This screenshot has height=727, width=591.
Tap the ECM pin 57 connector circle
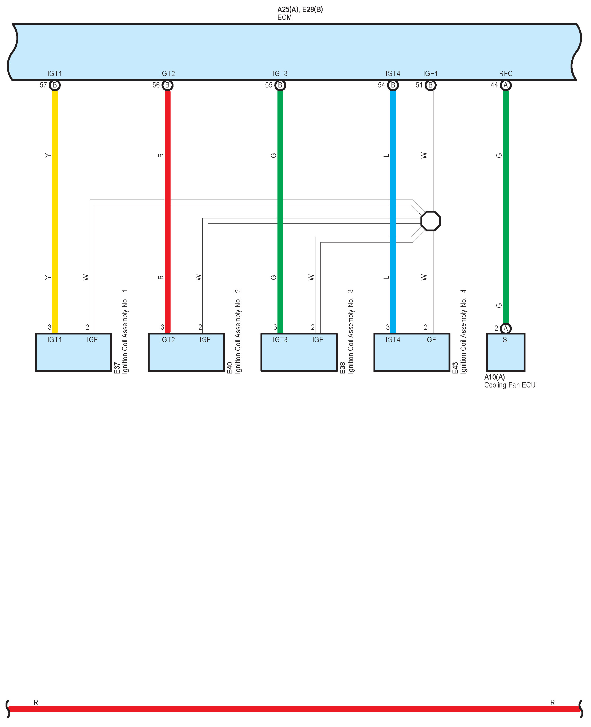point(54,85)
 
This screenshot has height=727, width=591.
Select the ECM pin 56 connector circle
point(167,85)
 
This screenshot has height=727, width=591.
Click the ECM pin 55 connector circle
point(280,85)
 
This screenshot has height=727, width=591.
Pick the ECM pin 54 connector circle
point(393,85)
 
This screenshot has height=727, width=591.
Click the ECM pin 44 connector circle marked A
point(506,85)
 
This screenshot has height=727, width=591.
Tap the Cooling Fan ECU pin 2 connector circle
point(506,328)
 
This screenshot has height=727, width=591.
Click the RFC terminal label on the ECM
point(506,73)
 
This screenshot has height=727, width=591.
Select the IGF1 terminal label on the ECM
point(430,73)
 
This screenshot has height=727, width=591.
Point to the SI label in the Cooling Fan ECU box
point(506,340)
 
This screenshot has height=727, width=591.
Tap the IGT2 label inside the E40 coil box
point(167,340)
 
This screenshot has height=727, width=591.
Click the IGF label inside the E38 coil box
point(318,340)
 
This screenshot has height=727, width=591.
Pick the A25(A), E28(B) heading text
point(300,10)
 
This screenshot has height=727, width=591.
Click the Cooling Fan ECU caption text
point(510,385)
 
